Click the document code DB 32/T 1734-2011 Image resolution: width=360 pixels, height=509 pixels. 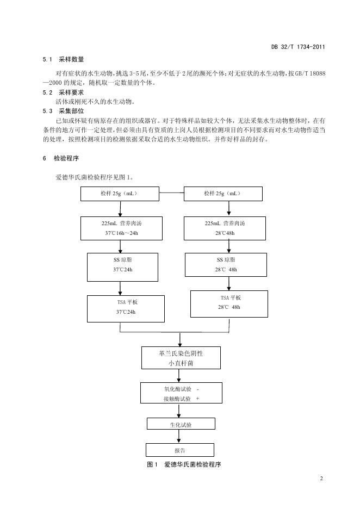pyautogui.click(x=298, y=47)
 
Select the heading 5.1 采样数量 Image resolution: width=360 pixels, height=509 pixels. pyautogui.click(x=63, y=59)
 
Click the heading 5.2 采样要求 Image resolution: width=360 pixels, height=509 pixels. pyautogui.click(x=63, y=92)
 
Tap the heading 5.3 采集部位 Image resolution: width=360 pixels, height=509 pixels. pyautogui.click(x=63, y=111)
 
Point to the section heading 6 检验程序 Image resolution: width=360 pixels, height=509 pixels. pyautogui.click(x=61, y=158)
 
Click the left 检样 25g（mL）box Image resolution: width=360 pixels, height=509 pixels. pyautogui.click(x=120, y=194)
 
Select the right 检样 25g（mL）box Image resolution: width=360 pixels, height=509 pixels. pyautogui.click(x=223, y=194)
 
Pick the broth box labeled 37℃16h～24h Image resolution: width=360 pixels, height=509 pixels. pyautogui.click(x=121, y=228)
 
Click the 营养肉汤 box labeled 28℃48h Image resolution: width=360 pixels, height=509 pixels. pyautogui.click(x=225, y=228)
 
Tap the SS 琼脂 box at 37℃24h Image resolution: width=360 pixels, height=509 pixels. pyautogui.click(x=123, y=267)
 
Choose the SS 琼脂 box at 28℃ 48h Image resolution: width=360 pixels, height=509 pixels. pyautogui.click(x=226, y=265)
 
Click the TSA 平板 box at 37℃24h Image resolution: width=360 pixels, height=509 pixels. pyautogui.click(x=126, y=309)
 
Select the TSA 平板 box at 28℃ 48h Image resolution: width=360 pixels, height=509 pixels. pyautogui.click(x=229, y=304)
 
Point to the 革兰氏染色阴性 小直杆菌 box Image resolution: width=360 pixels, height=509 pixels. pyautogui.click(x=181, y=358)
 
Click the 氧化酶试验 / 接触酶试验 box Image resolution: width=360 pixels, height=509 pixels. pyautogui.click(x=182, y=393)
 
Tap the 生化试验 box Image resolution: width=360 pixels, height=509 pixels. pyautogui.click(x=181, y=424)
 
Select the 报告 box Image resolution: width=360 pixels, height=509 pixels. pyautogui.click(x=180, y=450)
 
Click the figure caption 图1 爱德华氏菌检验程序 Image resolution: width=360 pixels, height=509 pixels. pyautogui.click(x=184, y=464)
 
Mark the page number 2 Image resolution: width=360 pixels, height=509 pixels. pyautogui.click(x=321, y=478)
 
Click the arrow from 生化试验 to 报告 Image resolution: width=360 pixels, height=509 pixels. pyautogui.click(x=179, y=437)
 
